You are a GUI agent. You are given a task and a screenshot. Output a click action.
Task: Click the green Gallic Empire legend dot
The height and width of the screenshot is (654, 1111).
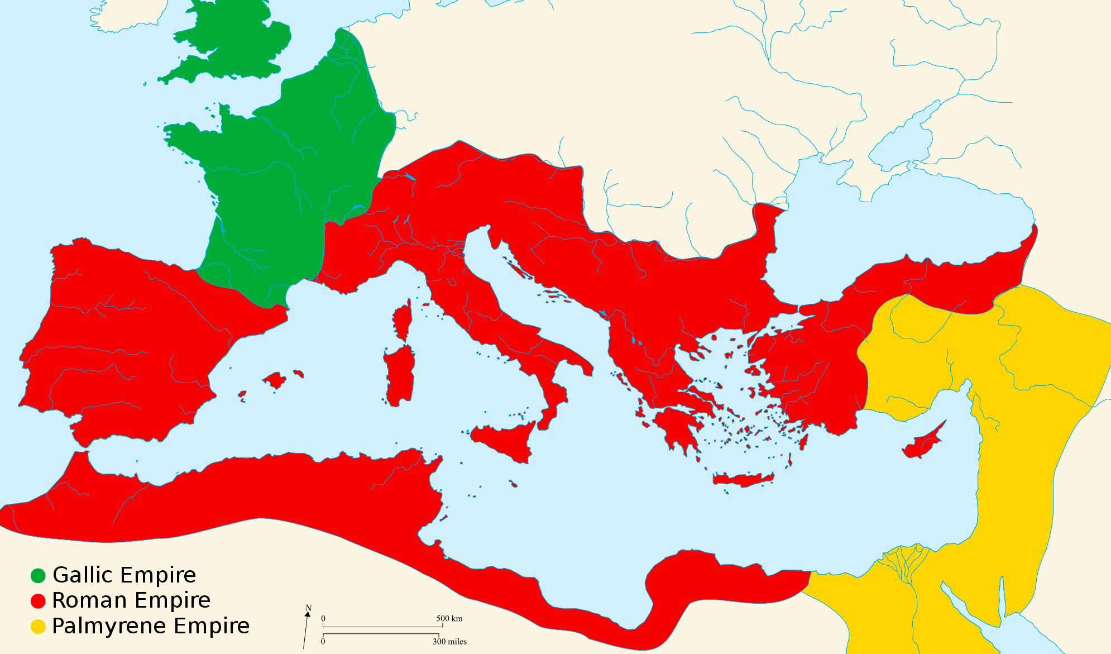[38, 575]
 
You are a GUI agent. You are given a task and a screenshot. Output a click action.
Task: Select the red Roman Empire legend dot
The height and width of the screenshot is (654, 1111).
[38, 601]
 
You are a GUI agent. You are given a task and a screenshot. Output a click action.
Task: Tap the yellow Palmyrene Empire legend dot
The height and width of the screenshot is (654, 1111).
[38, 627]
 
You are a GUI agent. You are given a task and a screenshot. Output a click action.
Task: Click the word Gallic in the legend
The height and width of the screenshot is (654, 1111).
[84, 575]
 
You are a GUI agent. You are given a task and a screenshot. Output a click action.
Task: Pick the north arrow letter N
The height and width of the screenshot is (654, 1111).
[308, 608]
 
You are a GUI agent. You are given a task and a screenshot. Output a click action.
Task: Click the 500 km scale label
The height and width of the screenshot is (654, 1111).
[449, 619]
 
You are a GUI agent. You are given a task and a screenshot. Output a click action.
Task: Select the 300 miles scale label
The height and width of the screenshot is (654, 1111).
[449, 642]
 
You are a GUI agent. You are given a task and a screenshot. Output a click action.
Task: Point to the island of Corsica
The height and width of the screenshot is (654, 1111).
[403, 321]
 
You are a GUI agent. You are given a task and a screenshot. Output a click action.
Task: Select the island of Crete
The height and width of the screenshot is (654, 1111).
[743, 479]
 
